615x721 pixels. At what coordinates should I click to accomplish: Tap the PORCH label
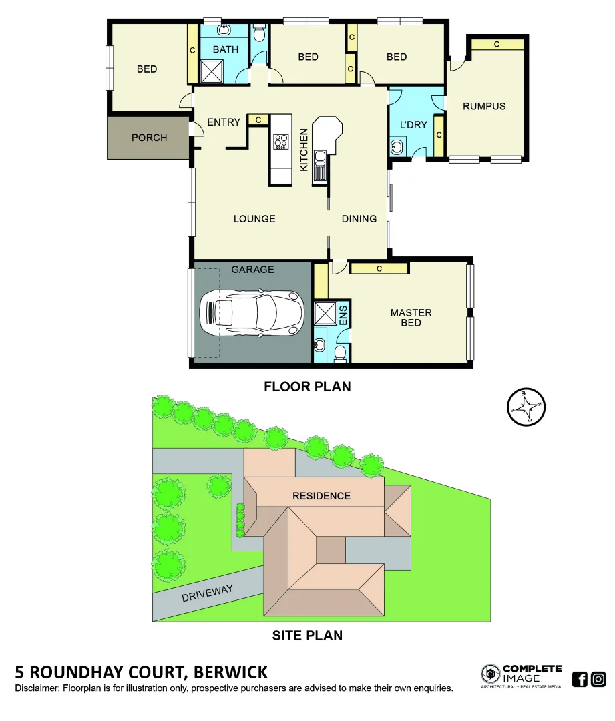(149, 138)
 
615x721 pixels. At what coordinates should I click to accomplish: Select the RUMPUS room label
(484, 106)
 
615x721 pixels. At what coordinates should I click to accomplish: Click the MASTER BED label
(411, 318)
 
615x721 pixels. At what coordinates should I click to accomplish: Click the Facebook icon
(580, 680)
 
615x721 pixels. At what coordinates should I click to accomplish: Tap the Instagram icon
(599, 680)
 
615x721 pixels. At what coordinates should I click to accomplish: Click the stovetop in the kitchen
(281, 142)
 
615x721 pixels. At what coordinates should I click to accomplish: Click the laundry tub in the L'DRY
(399, 147)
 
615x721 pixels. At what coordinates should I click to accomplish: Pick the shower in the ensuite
(325, 314)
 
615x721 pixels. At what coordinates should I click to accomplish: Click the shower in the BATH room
(213, 71)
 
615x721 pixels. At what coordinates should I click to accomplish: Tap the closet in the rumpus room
(497, 44)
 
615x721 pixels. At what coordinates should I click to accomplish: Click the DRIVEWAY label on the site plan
(207, 593)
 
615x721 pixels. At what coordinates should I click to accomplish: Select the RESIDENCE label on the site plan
(321, 496)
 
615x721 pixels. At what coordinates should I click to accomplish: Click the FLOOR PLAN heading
(307, 387)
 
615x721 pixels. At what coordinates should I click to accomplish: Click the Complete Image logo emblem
(491, 674)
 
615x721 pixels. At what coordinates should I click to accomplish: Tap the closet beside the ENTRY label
(258, 119)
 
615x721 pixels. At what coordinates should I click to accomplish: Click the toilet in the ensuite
(340, 352)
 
